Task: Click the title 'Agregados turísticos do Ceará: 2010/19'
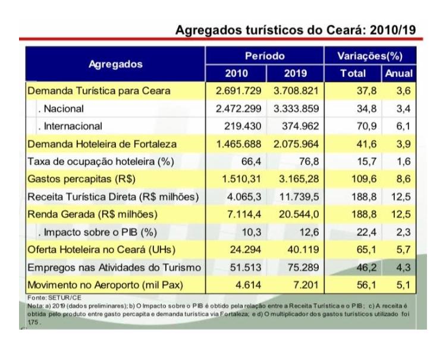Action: [x=295, y=30]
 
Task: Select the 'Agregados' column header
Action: [x=115, y=64]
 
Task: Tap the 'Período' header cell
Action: [x=265, y=56]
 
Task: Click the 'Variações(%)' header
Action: [x=370, y=56]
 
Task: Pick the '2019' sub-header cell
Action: [x=296, y=74]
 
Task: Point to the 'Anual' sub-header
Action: [x=399, y=74]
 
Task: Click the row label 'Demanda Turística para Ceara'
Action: [x=99, y=91]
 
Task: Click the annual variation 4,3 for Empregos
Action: [x=403, y=268]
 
